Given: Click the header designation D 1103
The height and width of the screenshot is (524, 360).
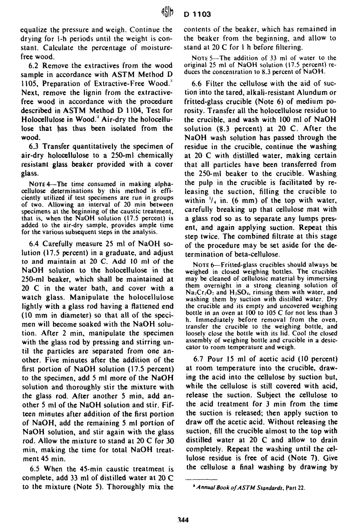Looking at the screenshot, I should (x=197, y=15).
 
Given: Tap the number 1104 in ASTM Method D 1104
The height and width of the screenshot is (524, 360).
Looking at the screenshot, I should (x=138, y=110).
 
